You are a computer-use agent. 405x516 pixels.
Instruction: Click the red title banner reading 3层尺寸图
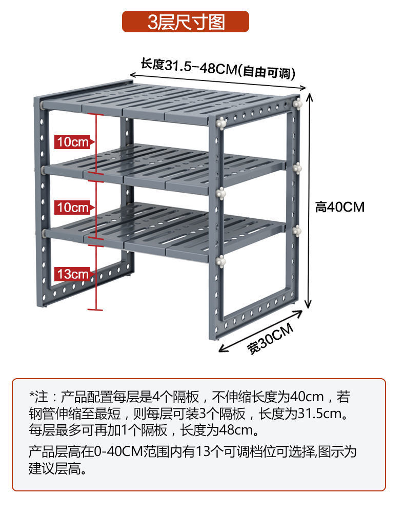coord(185,22)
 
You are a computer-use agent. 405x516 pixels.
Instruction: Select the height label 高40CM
coord(339,207)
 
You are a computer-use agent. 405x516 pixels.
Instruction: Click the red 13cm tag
coord(73,274)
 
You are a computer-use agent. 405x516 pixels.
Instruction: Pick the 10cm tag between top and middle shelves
coord(73,142)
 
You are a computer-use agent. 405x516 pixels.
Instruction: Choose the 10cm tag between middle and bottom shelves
coord(73,208)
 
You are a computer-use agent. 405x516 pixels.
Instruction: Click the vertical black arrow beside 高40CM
coord(309,200)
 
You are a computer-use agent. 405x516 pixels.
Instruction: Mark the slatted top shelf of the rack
coord(169,100)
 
